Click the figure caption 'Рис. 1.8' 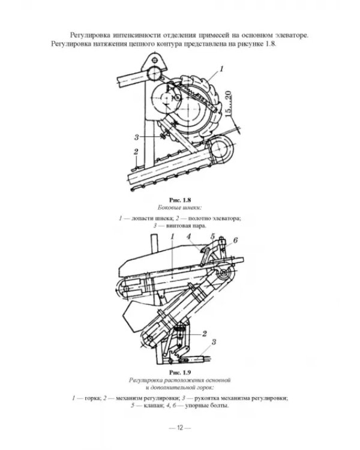(180, 200)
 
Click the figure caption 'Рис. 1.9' (180, 373)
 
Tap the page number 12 (180, 428)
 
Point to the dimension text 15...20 (228, 104)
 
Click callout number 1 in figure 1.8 (221, 69)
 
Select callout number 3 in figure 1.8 (137, 137)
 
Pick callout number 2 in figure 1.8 (136, 152)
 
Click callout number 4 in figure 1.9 (188, 236)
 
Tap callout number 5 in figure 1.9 (212, 236)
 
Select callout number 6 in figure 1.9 (235, 240)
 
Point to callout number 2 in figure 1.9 (205, 334)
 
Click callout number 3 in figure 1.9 (214, 342)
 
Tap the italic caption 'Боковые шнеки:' (180, 207)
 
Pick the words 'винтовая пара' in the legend (186, 226)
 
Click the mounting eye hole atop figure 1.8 (155, 60)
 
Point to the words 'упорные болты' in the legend (206, 406)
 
